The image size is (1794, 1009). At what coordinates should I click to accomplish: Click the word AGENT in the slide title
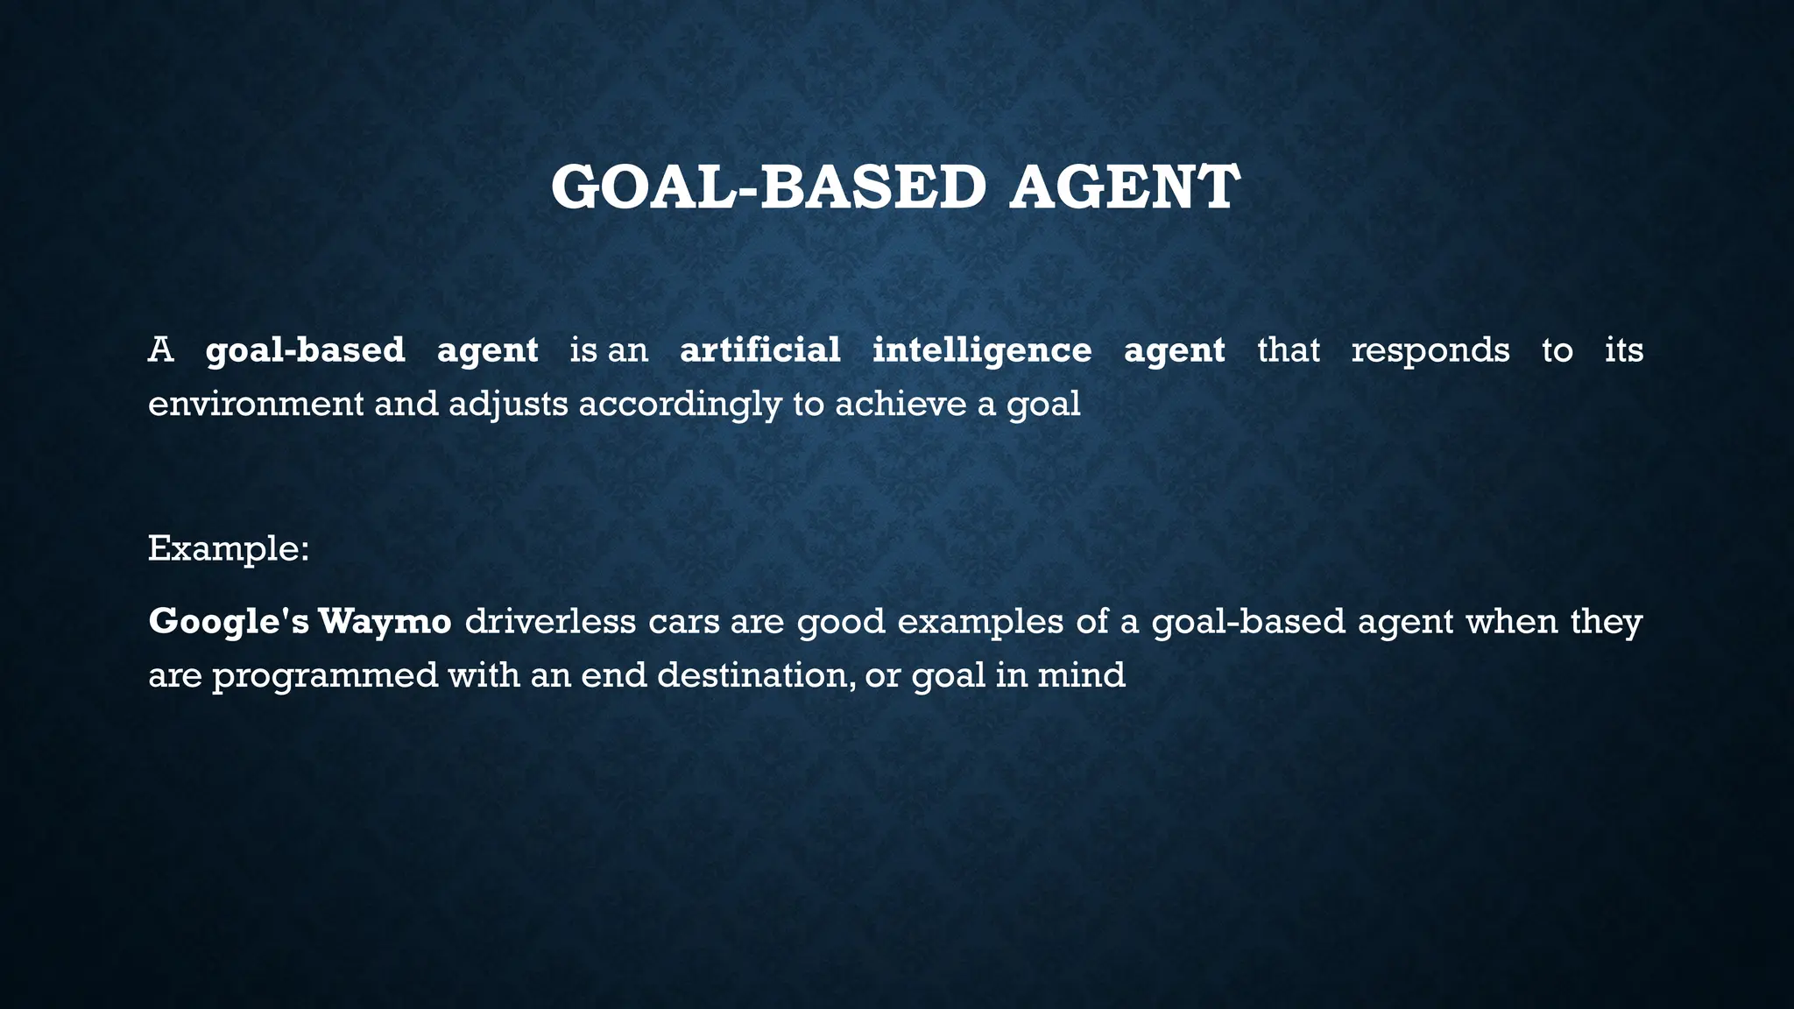(x=1124, y=187)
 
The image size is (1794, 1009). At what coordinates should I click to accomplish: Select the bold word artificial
(x=759, y=350)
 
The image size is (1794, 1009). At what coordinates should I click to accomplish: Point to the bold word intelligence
(x=982, y=350)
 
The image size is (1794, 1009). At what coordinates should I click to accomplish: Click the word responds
(x=1430, y=350)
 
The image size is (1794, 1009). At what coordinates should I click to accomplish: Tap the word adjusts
(x=508, y=405)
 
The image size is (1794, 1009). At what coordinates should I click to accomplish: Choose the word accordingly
(x=680, y=405)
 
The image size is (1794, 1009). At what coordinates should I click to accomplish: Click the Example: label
(x=229, y=548)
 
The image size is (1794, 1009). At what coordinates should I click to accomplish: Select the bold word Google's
(x=228, y=622)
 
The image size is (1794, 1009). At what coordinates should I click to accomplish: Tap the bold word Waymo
(x=385, y=622)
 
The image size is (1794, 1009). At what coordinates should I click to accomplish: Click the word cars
(x=682, y=622)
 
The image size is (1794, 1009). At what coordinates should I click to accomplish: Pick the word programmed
(x=325, y=676)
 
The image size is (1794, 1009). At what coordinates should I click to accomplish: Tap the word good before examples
(x=840, y=622)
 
